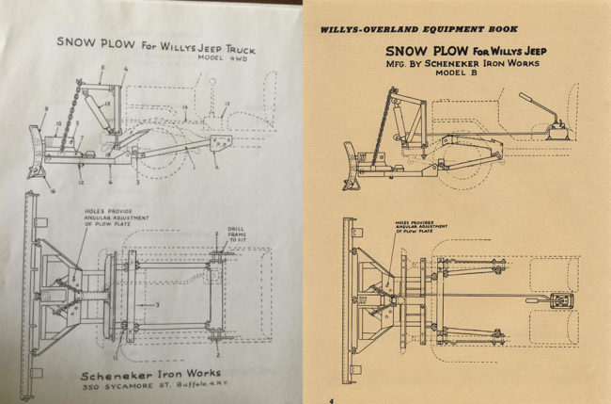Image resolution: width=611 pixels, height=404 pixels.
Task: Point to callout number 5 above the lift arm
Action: pos(102,69)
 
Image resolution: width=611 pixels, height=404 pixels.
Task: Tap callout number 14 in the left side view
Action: pos(184,111)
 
